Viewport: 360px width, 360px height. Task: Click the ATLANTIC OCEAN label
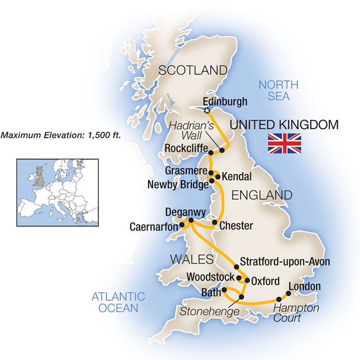click(118, 302)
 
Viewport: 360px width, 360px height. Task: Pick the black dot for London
click(288, 294)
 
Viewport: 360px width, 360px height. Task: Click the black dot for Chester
click(214, 222)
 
